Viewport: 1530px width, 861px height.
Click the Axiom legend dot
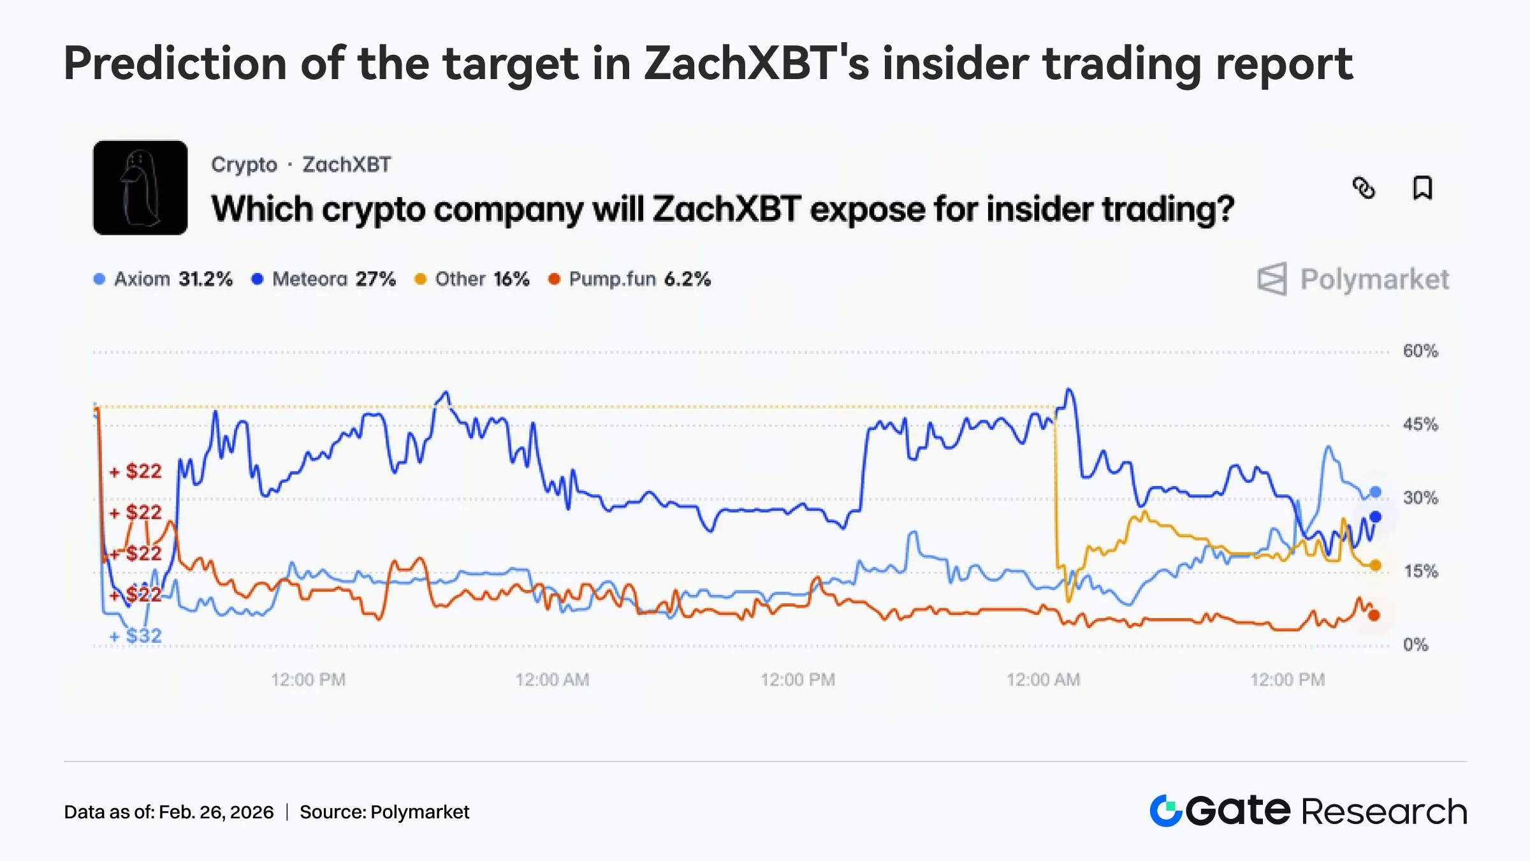[x=99, y=279]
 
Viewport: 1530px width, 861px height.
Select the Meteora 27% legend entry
[x=324, y=279]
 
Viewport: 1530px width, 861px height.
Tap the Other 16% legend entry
[x=472, y=279]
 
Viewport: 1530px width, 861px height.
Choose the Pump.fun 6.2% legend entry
[x=630, y=279]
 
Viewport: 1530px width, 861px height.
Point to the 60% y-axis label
[x=1420, y=351]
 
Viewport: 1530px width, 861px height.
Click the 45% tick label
[x=1420, y=424]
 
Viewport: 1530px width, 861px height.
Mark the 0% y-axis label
[x=1415, y=644]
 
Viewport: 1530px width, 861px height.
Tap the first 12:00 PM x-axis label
[x=308, y=679]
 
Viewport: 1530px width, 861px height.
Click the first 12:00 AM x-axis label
[x=552, y=679]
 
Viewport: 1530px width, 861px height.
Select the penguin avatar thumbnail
[x=140, y=188]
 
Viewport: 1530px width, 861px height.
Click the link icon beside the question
[x=1364, y=188]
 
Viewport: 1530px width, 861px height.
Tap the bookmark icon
[x=1422, y=188]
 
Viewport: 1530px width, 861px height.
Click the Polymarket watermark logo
[x=1353, y=279]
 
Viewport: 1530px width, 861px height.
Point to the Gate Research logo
[x=1308, y=811]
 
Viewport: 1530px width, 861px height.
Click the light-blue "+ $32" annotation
[x=136, y=635]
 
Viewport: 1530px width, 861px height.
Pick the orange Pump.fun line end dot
[x=1374, y=615]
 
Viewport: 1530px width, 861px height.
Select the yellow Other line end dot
[x=1375, y=565]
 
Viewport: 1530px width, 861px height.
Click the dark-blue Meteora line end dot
[x=1375, y=517]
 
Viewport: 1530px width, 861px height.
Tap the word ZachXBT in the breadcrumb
[x=346, y=165]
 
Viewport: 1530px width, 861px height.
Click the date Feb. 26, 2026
[x=216, y=812]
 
